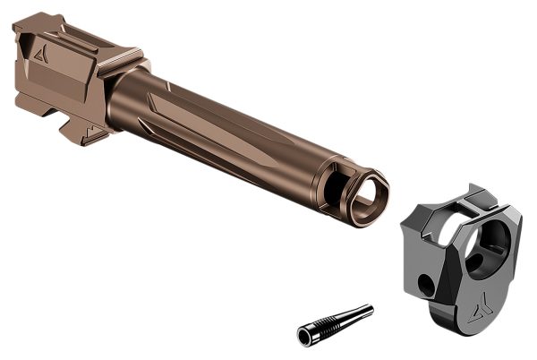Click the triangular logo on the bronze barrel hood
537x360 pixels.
click(39, 53)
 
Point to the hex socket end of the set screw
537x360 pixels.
click(306, 335)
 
